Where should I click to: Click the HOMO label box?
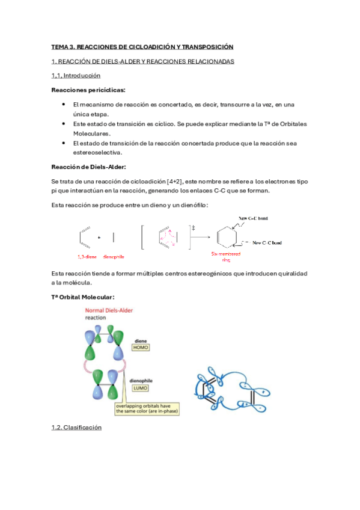(x=141, y=348)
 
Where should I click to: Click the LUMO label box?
(x=141, y=389)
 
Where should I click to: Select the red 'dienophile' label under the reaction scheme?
(x=114, y=257)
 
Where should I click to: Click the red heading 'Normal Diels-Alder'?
(x=109, y=310)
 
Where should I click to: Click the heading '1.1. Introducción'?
(x=76, y=76)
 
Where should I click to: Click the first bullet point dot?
(x=64, y=105)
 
